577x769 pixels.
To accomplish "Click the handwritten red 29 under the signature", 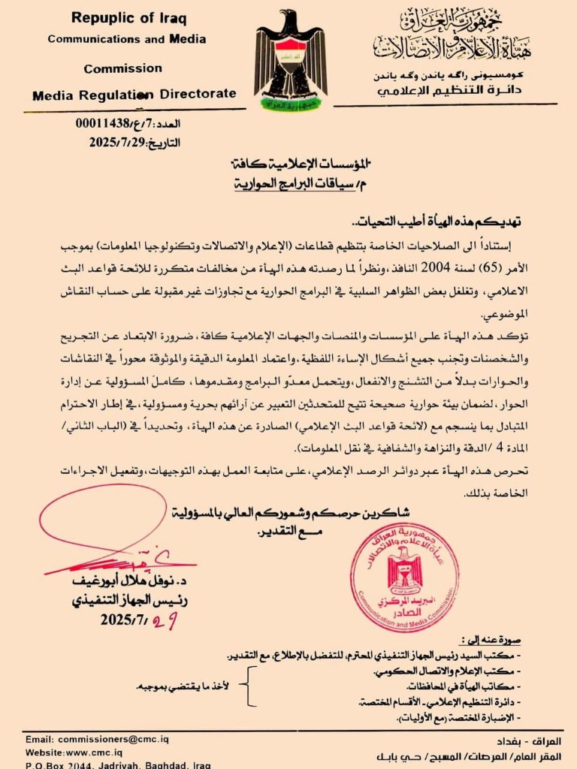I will click(x=165, y=621).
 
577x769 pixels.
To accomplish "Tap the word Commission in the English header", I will click(x=122, y=68).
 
